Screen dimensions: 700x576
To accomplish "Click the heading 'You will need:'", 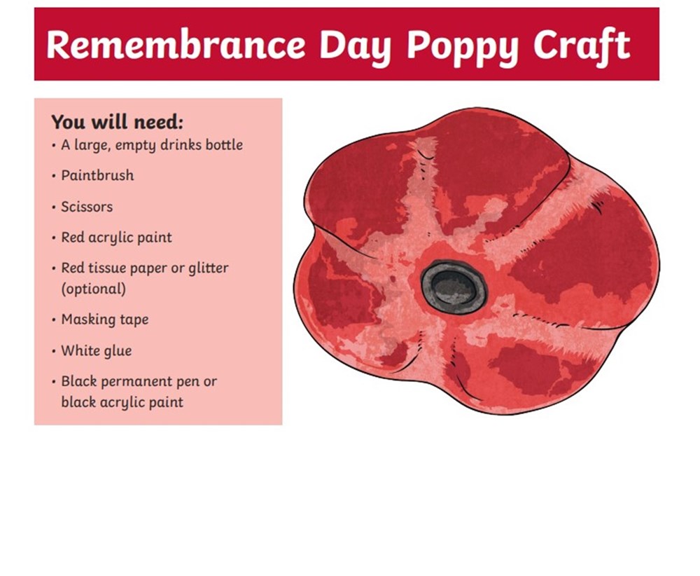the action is click(117, 121).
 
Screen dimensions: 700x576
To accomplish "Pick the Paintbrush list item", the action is click(97, 175).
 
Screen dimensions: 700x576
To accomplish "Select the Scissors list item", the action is click(87, 207).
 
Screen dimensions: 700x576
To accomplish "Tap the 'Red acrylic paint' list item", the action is click(116, 238).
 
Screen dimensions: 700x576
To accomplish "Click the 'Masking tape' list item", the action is click(105, 320).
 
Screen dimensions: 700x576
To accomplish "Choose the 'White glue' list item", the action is click(97, 351).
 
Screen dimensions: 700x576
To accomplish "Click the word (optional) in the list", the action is click(93, 289).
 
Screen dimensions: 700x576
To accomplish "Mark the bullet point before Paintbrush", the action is click(54, 176).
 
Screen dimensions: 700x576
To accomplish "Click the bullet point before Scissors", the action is click(54, 207).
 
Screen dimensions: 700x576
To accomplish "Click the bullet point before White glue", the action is click(54, 351).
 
